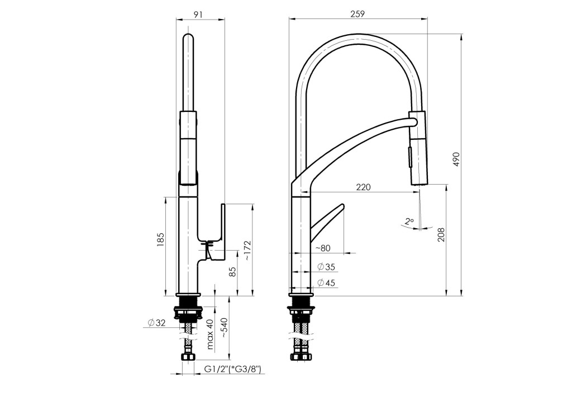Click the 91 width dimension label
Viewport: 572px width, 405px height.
[x=198, y=15]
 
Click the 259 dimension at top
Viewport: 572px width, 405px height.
[x=357, y=15]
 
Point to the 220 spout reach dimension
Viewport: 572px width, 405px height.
[x=363, y=187]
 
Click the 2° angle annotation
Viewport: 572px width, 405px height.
[x=410, y=222]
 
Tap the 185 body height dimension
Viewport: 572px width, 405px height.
[x=161, y=239]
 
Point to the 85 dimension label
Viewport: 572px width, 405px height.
[x=232, y=272]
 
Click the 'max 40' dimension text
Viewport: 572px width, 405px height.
[x=210, y=335]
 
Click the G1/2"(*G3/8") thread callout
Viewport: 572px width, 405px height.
[x=232, y=369]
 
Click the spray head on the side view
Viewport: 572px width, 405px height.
[x=418, y=148]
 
